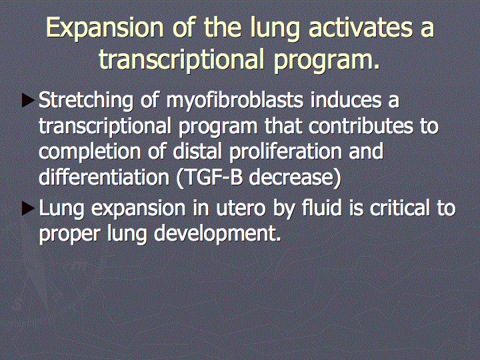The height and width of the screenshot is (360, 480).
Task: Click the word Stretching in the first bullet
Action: coord(86,101)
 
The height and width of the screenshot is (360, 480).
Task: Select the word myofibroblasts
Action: coord(235,101)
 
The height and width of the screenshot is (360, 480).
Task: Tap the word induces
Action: coord(346,100)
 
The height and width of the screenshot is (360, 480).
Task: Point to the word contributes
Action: coord(361,125)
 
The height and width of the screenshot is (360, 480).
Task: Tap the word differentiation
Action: coord(104,177)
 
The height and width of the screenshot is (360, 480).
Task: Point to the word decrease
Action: coord(295,177)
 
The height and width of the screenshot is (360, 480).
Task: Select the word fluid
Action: coord(322,207)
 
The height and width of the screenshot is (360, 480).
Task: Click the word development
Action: coord(217,234)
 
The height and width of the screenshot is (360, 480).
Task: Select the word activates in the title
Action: coord(360,27)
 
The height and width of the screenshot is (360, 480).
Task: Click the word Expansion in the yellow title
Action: coord(105,29)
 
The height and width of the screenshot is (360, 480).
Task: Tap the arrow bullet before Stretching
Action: coord(28,101)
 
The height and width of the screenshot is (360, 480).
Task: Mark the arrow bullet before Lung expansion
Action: coord(28,209)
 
